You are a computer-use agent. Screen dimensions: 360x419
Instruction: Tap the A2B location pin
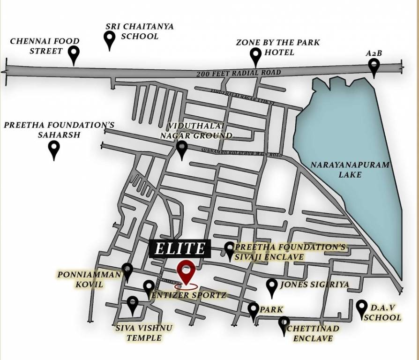[374, 67]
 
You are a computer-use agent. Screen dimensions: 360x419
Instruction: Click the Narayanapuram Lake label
[350, 170]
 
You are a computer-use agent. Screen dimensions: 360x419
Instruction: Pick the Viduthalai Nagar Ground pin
[182, 150]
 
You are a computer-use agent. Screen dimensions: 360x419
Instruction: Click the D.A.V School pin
[361, 308]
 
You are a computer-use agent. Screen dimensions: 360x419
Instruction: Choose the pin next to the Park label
[253, 310]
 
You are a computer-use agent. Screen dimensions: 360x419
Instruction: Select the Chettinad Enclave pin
[284, 324]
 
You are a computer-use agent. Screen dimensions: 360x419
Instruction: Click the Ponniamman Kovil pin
[127, 271]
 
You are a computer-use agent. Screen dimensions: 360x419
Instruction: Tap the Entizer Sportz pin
[149, 288]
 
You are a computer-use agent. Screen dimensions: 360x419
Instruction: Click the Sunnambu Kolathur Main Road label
[241, 153]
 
